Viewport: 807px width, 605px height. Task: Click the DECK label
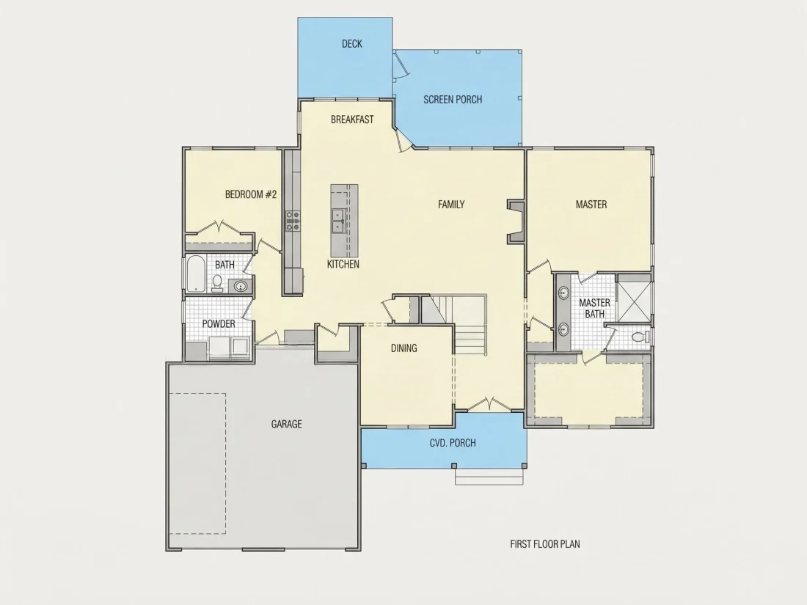[x=352, y=44]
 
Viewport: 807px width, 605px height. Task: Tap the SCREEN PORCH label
[x=453, y=99]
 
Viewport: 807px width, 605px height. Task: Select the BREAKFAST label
[x=352, y=120]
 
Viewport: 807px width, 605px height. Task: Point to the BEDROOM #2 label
[x=251, y=194]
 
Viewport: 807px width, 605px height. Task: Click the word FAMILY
[x=451, y=205]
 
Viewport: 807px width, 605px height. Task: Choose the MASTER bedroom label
[x=591, y=205]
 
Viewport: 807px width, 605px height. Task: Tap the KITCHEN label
[x=343, y=264]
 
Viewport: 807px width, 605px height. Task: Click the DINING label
[x=404, y=348]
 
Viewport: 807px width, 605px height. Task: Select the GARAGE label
[x=287, y=424]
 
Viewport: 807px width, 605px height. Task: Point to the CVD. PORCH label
[x=453, y=442]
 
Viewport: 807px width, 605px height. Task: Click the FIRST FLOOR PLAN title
[x=545, y=544]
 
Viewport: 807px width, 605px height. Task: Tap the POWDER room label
[x=219, y=323]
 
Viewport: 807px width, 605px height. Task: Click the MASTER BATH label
[x=594, y=308]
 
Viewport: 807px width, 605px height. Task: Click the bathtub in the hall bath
[x=195, y=274]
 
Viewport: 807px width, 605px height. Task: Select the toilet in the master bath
[x=640, y=337]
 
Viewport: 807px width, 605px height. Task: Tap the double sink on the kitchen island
[x=338, y=221]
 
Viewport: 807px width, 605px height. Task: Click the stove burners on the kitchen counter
[x=293, y=220]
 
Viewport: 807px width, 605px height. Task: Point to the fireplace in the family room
[x=516, y=221]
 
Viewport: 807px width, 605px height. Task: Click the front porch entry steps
[x=489, y=477]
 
